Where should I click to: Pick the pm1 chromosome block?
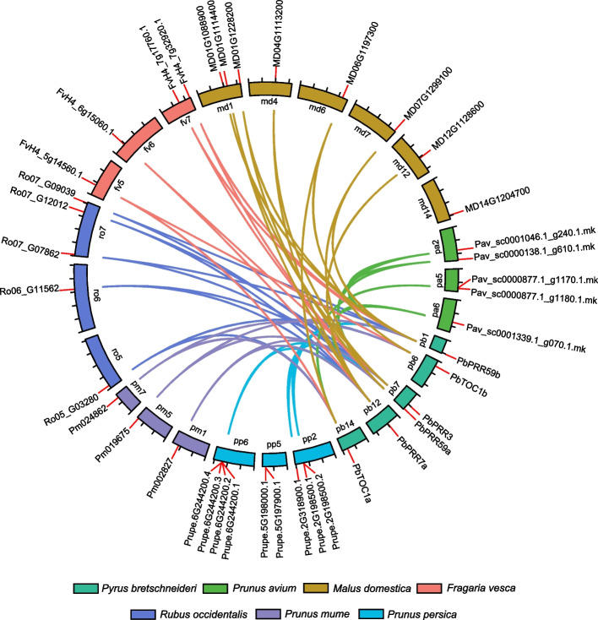191,440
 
